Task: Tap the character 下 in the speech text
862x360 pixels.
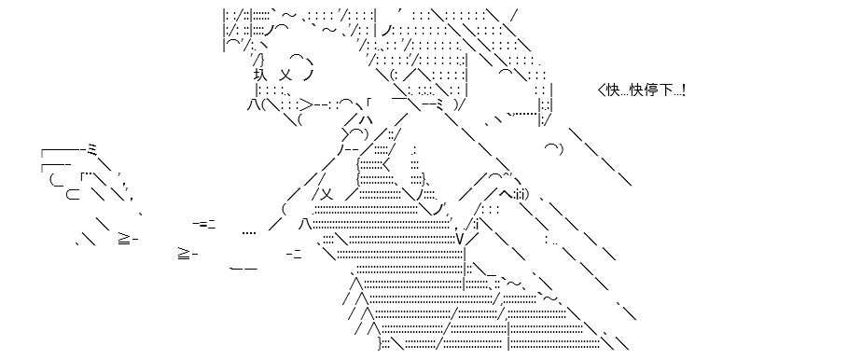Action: [x=663, y=90]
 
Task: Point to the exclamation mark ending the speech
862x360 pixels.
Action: [x=683, y=90]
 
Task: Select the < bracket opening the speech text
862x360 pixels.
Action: [x=601, y=90]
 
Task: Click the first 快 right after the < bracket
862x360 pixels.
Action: [x=612, y=90]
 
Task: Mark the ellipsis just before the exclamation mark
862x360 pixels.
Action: [x=675, y=94]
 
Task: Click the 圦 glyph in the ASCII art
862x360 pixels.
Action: [x=260, y=74]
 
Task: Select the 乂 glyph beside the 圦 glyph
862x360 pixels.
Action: [x=286, y=74]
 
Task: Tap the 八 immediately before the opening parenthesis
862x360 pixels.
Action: [x=253, y=104]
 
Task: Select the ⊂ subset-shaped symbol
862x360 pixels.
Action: [x=73, y=194]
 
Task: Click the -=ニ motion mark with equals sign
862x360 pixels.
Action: [x=204, y=224]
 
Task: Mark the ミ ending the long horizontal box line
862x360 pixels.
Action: [x=92, y=149]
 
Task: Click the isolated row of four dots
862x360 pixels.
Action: [x=249, y=232]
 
